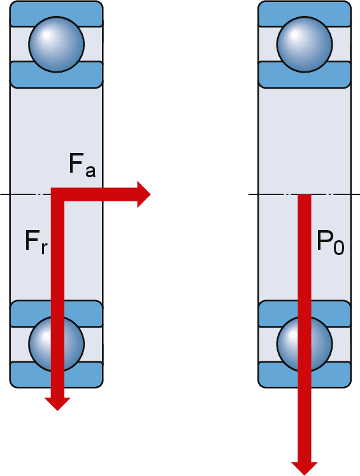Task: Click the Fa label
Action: (82, 165)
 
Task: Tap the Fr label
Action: (36, 242)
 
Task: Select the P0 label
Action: (330, 242)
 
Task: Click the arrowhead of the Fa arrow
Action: (143, 194)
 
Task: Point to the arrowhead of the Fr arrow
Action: (57, 404)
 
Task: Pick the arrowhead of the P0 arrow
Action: (305, 468)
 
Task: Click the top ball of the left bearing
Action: (57, 45)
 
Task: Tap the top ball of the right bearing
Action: (305, 45)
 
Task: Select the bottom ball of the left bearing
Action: (57, 344)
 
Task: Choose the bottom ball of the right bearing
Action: (305, 344)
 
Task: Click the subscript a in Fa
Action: (90, 171)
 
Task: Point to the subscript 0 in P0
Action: (338, 246)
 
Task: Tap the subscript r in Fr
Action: (44, 249)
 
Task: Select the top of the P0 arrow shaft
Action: (305, 194)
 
